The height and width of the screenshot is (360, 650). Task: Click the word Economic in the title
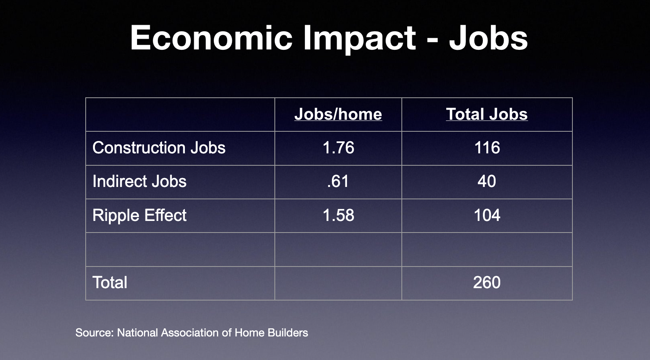tap(211, 38)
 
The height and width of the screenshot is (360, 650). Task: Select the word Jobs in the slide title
tap(488, 38)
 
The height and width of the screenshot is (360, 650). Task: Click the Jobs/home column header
tap(338, 114)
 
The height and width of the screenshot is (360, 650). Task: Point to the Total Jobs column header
tap(487, 114)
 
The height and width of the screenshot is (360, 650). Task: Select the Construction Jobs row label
tap(159, 148)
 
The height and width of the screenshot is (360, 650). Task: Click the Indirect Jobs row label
tap(139, 181)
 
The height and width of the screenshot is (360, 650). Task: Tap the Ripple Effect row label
tap(139, 216)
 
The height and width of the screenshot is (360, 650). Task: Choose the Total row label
tap(110, 282)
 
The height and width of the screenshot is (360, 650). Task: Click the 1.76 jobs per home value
tap(339, 148)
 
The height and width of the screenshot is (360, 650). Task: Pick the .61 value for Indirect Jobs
tap(338, 181)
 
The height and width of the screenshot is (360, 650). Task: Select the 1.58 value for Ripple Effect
tap(339, 215)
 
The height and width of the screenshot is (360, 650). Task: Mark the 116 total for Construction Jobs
tap(487, 148)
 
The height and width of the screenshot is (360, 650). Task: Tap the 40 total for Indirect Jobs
tap(487, 181)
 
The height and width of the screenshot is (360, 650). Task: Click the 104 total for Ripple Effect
tap(487, 215)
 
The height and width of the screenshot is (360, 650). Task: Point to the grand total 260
tap(487, 282)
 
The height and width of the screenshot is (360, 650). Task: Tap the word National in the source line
tap(137, 333)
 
